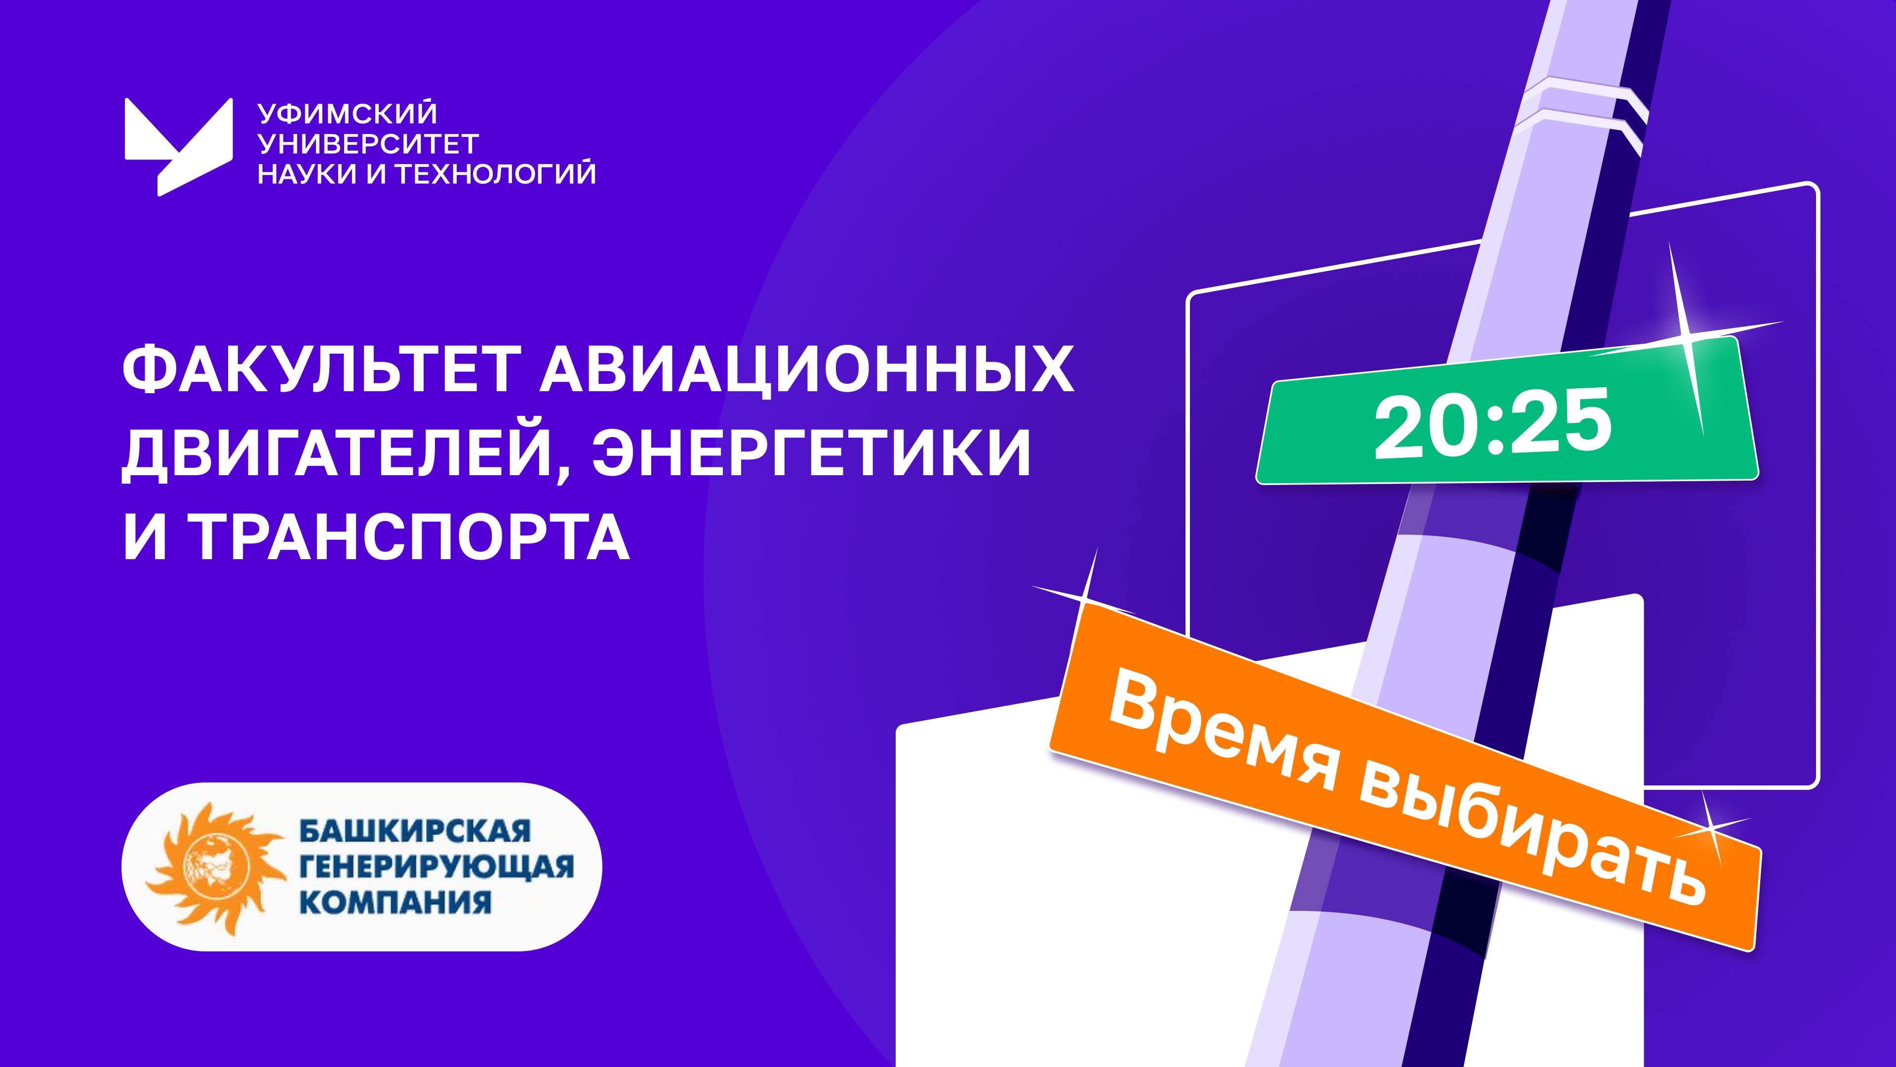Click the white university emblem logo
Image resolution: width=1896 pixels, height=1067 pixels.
(178, 146)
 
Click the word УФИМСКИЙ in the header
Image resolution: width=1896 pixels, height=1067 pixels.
(348, 114)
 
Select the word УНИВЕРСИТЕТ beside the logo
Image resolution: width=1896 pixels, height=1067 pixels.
(368, 144)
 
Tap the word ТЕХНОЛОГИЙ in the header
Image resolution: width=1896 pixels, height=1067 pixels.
(495, 174)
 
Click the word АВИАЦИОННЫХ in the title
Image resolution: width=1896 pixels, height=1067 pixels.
(806, 370)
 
